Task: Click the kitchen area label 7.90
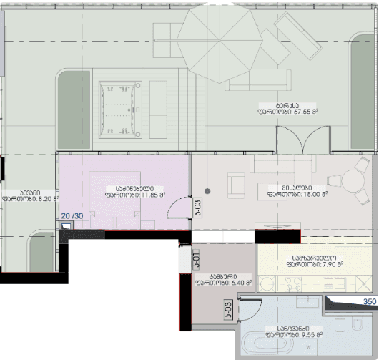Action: pos(315,264)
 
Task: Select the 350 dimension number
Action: pos(369,302)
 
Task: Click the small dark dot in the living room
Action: pos(207,191)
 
